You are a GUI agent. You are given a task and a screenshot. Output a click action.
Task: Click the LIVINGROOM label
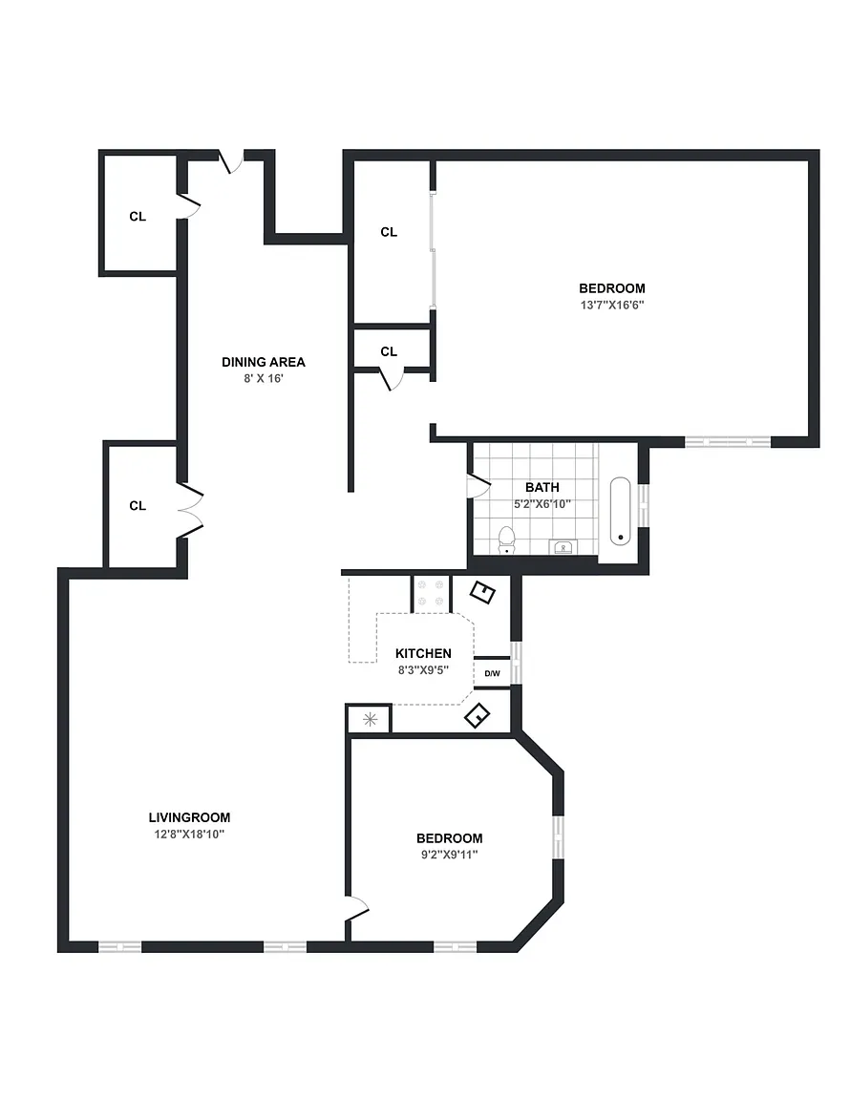(189, 817)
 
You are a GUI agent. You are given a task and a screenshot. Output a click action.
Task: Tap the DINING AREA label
(264, 362)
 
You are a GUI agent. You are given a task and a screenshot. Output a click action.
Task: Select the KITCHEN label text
(423, 653)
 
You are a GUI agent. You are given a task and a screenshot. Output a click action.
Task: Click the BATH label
(542, 487)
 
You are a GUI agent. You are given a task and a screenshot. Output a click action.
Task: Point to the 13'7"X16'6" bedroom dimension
(612, 306)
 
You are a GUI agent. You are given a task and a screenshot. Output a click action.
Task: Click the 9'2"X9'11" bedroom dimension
(449, 855)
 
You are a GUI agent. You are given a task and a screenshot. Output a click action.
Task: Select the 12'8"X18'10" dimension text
(189, 835)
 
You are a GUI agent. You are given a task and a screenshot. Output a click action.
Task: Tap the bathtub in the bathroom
(621, 512)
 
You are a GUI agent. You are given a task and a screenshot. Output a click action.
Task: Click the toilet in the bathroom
(507, 539)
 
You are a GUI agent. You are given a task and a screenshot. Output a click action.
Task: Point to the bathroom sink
(563, 547)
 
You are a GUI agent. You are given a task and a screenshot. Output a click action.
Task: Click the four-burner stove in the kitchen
(431, 593)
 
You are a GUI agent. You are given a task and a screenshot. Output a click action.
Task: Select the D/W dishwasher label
(492, 673)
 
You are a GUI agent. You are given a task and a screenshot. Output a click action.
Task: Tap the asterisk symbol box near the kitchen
(370, 720)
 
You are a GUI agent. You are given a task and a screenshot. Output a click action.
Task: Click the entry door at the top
(232, 161)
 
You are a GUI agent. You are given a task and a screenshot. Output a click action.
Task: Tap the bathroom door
(478, 485)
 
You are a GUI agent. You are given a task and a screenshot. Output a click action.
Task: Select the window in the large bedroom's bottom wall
(728, 442)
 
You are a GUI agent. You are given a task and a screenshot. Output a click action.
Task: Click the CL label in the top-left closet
(138, 217)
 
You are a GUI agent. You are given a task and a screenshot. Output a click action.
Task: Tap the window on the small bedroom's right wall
(558, 837)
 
